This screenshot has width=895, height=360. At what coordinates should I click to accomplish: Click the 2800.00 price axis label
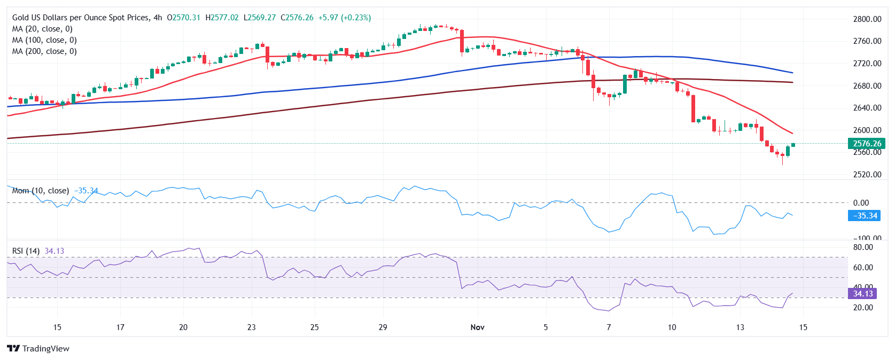click(x=867, y=19)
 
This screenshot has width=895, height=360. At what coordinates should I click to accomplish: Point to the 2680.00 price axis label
click(x=867, y=85)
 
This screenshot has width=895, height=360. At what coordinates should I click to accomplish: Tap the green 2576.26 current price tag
click(x=867, y=144)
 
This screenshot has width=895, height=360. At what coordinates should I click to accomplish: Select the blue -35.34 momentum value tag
click(x=863, y=216)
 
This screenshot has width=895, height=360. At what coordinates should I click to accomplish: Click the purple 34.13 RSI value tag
click(x=862, y=294)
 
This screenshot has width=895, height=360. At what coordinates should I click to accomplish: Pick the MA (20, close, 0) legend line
click(x=42, y=29)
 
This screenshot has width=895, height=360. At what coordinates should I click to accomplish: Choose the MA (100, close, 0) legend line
click(x=44, y=40)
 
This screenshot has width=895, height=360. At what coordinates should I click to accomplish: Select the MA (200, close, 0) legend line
click(x=44, y=51)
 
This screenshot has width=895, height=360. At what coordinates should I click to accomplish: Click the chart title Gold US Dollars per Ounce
click(x=80, y=18)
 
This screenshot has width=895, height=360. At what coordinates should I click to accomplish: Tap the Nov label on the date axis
click(x=477, y=327)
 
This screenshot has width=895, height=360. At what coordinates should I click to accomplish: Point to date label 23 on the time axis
click(x=252, y=327)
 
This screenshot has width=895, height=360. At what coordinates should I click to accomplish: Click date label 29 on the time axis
click(x=383, y=327)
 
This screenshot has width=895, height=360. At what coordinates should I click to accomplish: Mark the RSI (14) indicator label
click(x=26, y=251)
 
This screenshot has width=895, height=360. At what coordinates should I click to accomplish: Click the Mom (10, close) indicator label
click(x=41, y=191)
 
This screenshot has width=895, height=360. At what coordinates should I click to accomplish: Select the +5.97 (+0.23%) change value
click(x=344, y=18)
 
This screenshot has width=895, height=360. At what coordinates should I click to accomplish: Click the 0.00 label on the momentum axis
click(x=861, y=203)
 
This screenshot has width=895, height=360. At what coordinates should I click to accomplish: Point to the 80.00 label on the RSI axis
click(x=863, y=247)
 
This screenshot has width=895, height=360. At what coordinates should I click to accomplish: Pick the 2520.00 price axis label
click(x=867, y=175)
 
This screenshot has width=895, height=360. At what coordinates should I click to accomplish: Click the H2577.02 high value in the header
click(x=222, y=18)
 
